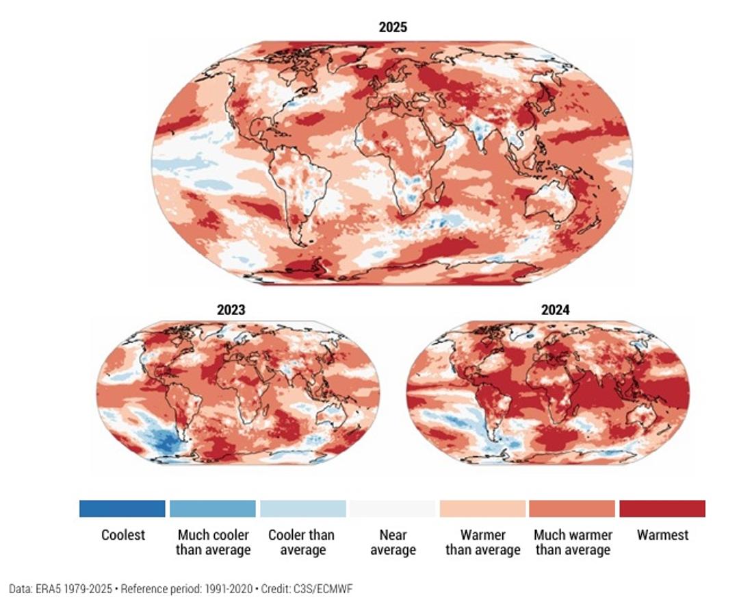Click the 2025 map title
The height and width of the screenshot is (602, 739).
pos(393,27)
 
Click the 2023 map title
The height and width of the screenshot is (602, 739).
pos(231,310)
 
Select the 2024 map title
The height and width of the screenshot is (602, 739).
pos(555,310)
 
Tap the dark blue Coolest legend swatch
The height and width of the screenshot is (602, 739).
pos(122,509)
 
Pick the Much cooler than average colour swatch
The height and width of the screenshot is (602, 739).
pos(213,509)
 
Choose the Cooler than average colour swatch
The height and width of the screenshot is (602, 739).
pos(302,509)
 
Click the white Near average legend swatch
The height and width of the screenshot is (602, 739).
pos(393,509)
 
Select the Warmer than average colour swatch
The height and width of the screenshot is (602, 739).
pos(482,509)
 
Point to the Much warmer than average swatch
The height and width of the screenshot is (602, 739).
pos(573,509)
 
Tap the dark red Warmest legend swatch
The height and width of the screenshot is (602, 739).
pos(662,509)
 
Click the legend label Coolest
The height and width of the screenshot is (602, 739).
pos(123,535)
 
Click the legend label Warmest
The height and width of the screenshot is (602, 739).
pos(662,535)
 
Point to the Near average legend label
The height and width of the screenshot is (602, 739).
pos(393,542)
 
